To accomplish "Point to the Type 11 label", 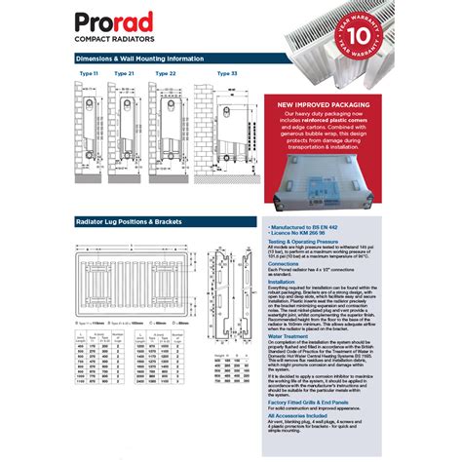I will [x=89, y=73].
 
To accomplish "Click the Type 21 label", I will [x=124, y=73].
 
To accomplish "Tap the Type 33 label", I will [x=226, y=73].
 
